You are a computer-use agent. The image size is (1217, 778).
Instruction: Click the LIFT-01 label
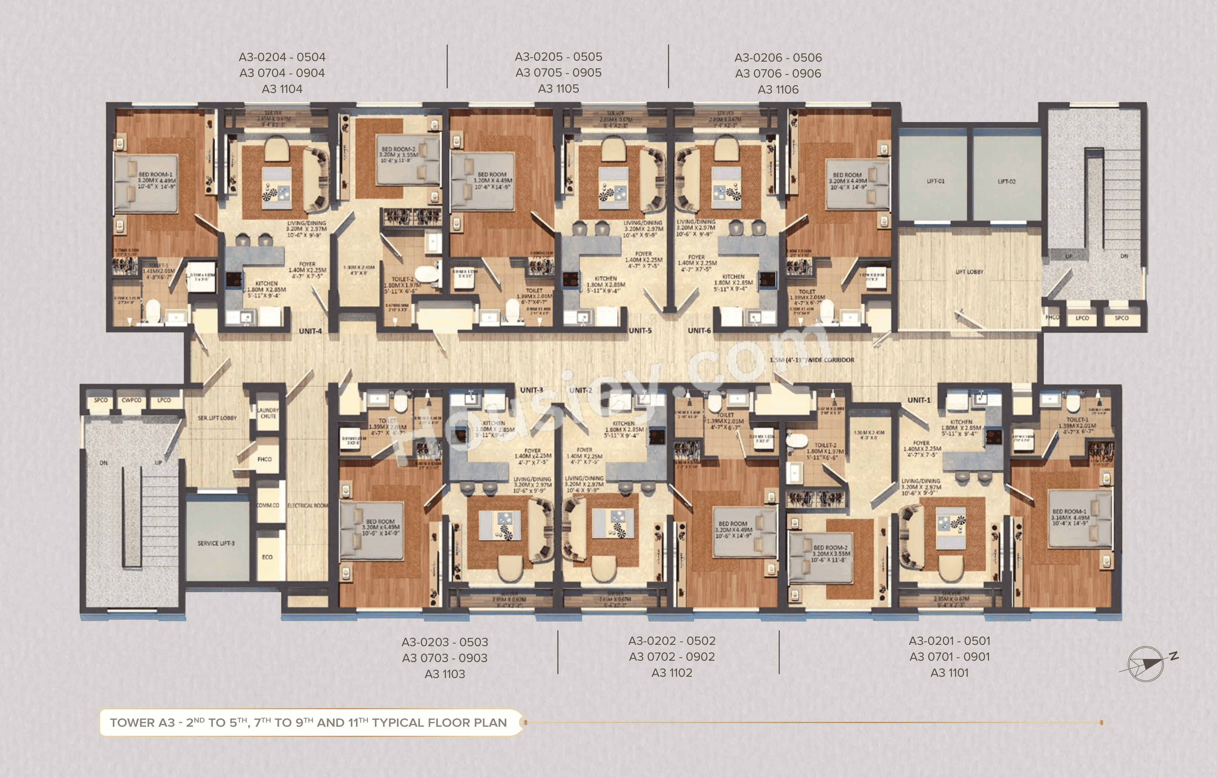(936, 181)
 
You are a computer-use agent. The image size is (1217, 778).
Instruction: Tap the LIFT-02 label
(1006, 181)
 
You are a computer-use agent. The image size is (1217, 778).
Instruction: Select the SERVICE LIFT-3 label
(216, 543)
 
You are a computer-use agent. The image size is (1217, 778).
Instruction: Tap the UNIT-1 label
(918, 400)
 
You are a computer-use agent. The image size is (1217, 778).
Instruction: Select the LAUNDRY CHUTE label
(268, 413)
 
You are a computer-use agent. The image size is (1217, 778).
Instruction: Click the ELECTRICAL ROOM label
(307, 505)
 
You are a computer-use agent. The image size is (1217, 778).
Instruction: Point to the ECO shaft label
(267, 557)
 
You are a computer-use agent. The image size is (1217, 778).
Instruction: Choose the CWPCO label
(131, 400)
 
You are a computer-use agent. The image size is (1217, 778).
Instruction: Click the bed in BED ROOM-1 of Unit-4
(146, 183)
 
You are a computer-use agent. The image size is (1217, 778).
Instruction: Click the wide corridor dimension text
(812, 360)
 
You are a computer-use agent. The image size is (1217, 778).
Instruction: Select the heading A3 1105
(559, 89)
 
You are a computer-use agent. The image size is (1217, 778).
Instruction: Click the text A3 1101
(949, 672)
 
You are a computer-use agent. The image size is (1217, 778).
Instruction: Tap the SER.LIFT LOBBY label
(217, 418)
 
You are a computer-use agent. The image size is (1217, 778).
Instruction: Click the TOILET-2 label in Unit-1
(825, 445)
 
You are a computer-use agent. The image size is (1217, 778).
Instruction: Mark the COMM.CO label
(267, 505)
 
